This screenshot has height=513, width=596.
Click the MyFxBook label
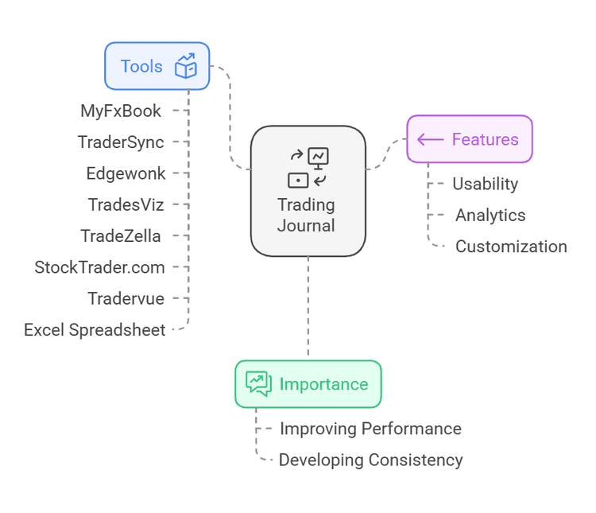click(121, 111)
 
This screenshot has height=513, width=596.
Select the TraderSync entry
click(121, 142)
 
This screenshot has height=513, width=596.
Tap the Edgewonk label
click(126, 173)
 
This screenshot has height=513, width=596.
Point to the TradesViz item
click(126, 204)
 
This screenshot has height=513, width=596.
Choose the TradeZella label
click(121, 235)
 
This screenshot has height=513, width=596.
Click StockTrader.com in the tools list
click(99, 267)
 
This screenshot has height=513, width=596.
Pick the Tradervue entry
click(126, 298)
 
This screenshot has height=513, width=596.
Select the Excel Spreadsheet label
click(95, 329)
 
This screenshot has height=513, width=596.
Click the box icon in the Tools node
click(185, 66)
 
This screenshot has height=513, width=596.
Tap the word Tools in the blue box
click(141, 66)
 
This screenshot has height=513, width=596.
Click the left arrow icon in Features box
click(430, 139)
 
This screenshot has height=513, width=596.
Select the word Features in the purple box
click(485, 139)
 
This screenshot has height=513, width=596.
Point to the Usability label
click(485, 184)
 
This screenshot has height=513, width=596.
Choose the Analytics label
click(490, 215)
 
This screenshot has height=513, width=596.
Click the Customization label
click(511, 247)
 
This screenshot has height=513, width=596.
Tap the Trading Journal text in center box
click(307, 215)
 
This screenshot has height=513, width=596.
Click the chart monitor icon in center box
click(319, 157)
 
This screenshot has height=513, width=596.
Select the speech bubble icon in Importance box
click(258, 383)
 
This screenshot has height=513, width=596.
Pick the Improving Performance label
click(370, 429)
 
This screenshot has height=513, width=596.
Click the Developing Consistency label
click(370, 460)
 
